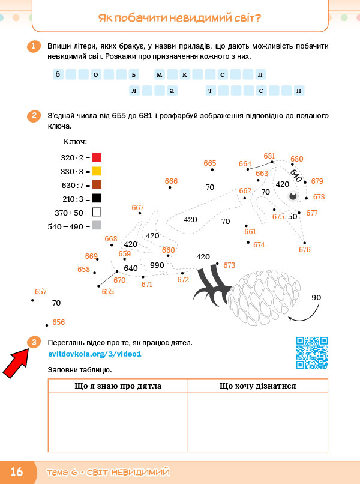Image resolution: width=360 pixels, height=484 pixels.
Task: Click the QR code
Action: (x=312, y=353)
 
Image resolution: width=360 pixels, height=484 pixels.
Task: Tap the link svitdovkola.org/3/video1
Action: (x=95, y=354)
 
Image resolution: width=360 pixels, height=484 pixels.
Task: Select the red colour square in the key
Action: (x=97, y=157)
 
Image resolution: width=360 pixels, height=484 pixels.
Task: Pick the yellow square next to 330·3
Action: (x=97, y=171)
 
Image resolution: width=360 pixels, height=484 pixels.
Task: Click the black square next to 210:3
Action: (x=97, y=198)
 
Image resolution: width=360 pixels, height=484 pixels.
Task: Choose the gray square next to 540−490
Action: (x=97, y=225)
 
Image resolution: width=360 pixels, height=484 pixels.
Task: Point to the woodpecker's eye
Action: (x=293, y=196)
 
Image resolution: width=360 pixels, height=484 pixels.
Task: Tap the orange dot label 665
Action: (x=210, y=163)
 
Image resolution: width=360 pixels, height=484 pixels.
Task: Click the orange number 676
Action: (x=304, y=249)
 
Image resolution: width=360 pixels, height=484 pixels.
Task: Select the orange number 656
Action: (x=59, y=322)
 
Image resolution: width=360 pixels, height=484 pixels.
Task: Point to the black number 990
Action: (x=157, y=265)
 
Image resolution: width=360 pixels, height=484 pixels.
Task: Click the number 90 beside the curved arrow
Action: (x=316, y=298)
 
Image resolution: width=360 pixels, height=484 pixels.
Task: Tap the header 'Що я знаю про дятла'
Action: (x=118, y=386)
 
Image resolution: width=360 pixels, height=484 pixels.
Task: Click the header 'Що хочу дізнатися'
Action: (x=257, y=386)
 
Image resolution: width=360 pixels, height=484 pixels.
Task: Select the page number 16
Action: (x=17, y=471)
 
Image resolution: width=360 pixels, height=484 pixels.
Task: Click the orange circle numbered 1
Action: (x=34, y=47)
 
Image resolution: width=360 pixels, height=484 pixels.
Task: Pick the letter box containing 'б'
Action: (x=58, y=74)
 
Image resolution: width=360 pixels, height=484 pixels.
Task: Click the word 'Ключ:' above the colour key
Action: (x=75, y=142)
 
